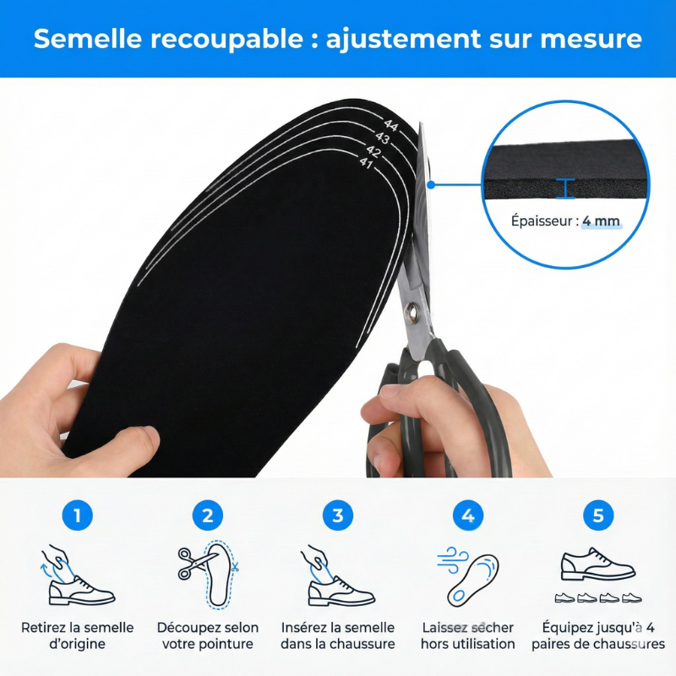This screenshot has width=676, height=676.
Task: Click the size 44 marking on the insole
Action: pos(390,125)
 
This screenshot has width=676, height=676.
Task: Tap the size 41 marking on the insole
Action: pos(366,163)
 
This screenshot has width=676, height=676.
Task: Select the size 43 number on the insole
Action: pos(383,138)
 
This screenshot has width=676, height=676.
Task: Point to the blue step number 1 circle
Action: pos(78,515)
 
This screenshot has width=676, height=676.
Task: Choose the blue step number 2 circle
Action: pos(208,515)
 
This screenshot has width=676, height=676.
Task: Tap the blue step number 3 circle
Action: pos(338,515)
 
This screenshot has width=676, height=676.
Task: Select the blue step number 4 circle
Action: pos(468,515)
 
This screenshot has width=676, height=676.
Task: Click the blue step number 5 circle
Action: pos(598,515)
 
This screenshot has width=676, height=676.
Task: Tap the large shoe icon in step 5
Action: pos(597,564)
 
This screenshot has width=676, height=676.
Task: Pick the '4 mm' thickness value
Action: pos(602,221)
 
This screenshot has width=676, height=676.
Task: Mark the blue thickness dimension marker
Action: pos(566,188)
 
